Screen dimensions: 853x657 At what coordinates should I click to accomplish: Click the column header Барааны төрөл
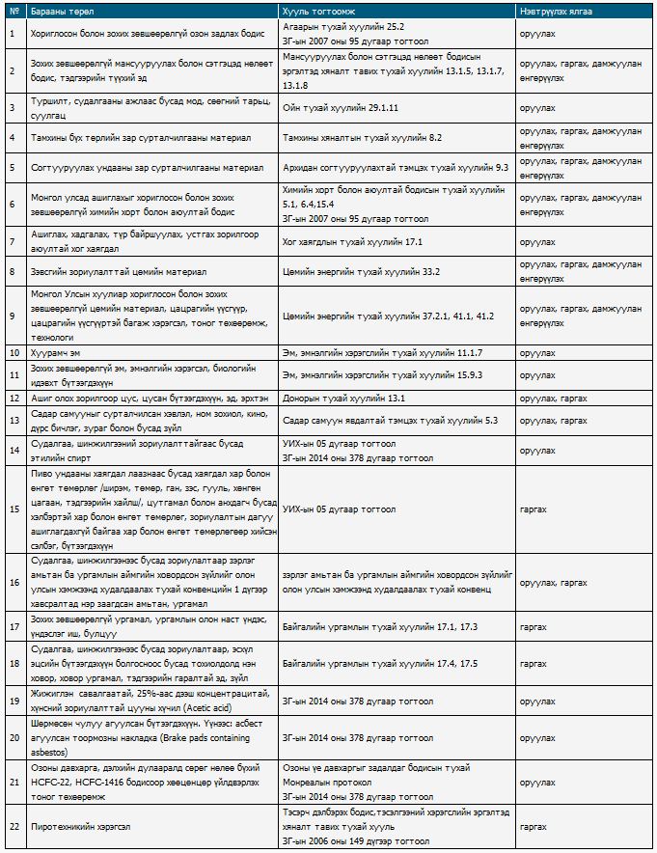tap(57, 10)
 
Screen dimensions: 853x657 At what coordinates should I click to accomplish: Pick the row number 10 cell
tap(13, 353)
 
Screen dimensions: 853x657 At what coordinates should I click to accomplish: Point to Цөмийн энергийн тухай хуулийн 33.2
tap(362, 272)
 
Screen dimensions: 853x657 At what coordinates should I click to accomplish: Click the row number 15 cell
tap(13, 509)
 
